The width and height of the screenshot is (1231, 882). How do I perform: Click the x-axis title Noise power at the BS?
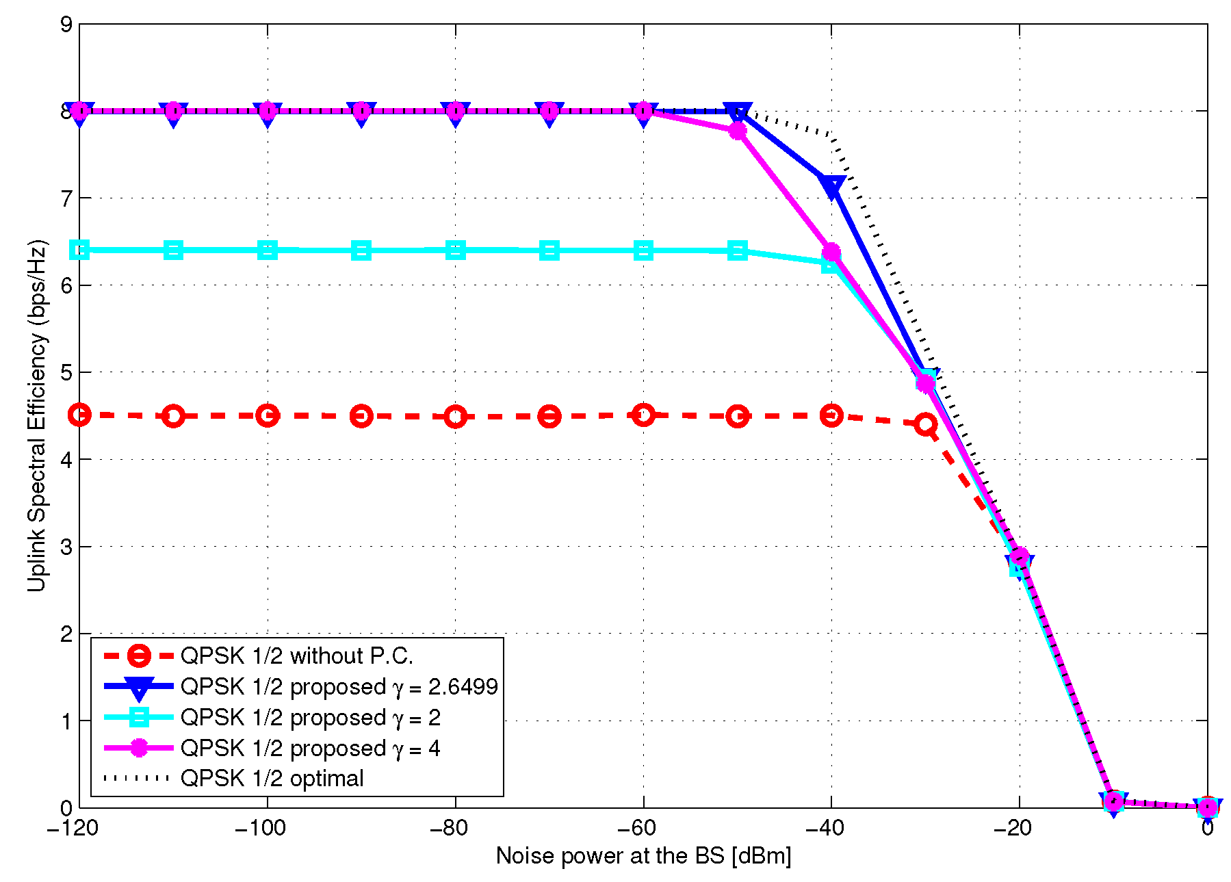pos(643,855)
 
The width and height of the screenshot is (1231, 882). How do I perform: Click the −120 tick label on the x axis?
pos(73,829)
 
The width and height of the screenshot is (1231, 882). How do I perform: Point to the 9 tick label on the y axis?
pos(66,25)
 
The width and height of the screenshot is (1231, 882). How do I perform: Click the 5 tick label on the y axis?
pos(66,373)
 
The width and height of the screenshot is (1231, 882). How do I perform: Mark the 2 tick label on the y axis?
pos(66,634)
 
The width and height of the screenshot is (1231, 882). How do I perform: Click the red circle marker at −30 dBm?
pos(926,424)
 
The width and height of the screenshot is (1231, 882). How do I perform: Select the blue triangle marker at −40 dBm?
pos(832,186)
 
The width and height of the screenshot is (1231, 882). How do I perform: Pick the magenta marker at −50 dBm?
pos(738,131)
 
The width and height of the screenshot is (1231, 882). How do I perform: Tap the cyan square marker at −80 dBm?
pos(456,250)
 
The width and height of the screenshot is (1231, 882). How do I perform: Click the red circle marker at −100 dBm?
pos(268,415)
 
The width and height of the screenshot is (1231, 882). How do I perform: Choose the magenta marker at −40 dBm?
pos(831,252)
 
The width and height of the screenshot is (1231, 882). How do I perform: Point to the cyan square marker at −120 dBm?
pos(80,250)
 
